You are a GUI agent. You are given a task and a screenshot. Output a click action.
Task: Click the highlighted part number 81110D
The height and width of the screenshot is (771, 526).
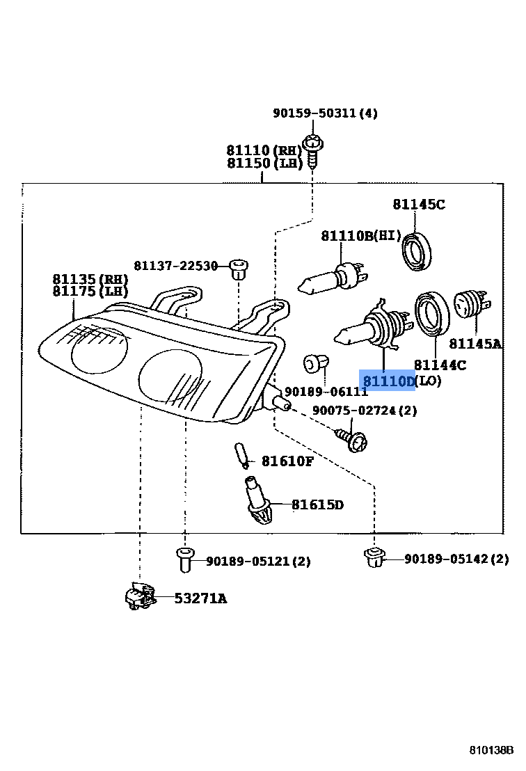[388, 381]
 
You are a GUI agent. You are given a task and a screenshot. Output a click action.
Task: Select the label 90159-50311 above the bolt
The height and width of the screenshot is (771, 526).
[325, 113]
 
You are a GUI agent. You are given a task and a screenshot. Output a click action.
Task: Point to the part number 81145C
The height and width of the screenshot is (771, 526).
[418, 204]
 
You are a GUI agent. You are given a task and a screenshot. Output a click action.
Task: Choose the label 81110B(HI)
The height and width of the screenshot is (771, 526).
[361, 236]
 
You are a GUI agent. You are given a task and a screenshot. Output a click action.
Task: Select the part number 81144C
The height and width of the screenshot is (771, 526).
[440, 365]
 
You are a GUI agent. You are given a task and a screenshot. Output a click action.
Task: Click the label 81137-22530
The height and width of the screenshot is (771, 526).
[176, 265]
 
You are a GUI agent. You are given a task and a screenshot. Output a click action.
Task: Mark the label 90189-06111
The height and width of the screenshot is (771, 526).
[326, 392]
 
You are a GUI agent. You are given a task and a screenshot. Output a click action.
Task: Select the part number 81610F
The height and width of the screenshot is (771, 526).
[287, 461]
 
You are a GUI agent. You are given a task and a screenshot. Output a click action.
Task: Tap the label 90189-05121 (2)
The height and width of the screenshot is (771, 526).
[258, 561]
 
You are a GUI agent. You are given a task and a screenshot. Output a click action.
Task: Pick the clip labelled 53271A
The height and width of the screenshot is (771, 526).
[138, 596]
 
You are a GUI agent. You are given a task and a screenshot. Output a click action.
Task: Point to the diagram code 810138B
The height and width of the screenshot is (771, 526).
[491, 750]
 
